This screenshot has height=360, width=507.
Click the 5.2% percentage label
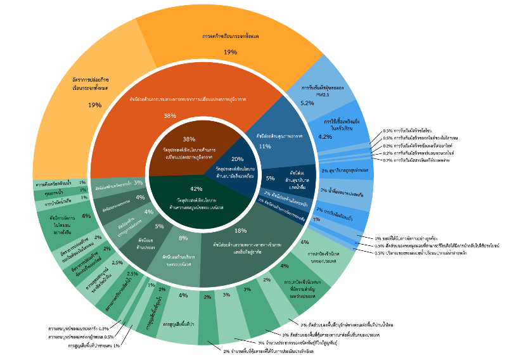tap(307, 103)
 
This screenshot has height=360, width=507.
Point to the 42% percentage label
tap(196, 189)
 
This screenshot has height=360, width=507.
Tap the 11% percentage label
tap(265, 146)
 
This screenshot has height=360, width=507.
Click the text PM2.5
tap(323, 94)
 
